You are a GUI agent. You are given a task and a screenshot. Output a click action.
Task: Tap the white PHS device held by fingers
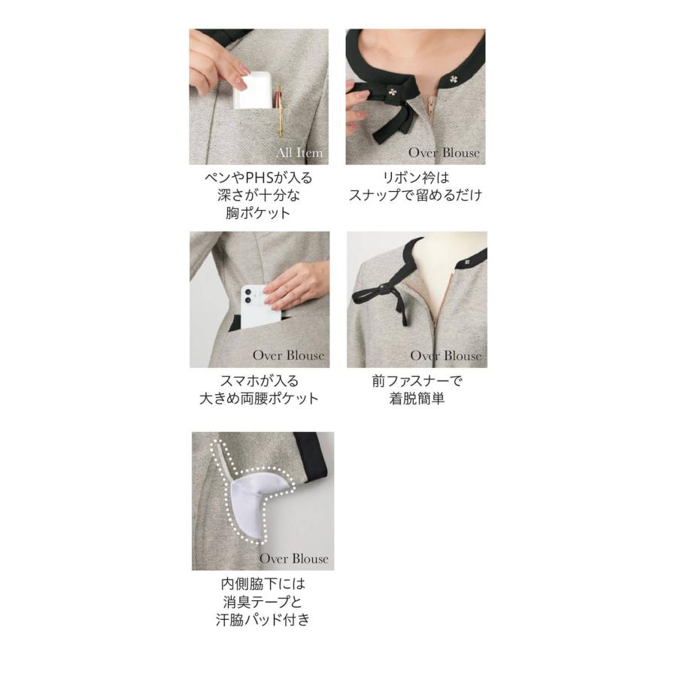(252, 92)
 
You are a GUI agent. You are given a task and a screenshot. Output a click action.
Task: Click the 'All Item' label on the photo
(299, 153)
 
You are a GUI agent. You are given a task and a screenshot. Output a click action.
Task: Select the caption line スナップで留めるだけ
(415, 196)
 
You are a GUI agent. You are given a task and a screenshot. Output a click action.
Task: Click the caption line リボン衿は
(415, 178)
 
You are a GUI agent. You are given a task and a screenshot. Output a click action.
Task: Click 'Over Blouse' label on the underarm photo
(294, 558)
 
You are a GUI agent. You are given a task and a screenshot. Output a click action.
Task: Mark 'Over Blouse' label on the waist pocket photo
(289, 355)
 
